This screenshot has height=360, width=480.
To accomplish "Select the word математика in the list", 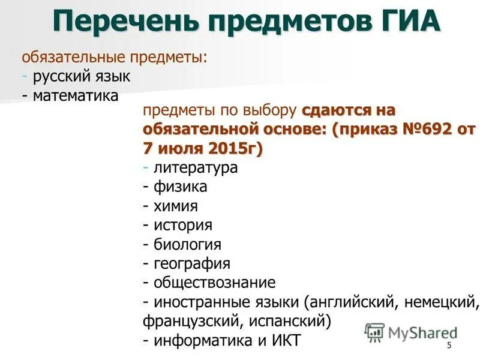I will coord(76,96).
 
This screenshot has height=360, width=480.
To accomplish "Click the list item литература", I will coord(196,167).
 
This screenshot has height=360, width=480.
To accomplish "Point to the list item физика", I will coord(180,187).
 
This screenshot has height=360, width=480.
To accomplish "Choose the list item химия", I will coord(176,206).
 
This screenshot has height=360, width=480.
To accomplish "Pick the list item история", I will coord(183,225).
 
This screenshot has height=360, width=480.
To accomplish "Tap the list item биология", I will coord(187,244).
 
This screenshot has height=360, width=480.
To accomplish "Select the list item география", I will coord(192,263).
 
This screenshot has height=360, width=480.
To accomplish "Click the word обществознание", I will coord(214,283).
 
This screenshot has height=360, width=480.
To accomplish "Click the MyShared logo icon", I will coord(374,331).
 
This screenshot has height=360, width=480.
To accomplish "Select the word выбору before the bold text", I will coord(270,110).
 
